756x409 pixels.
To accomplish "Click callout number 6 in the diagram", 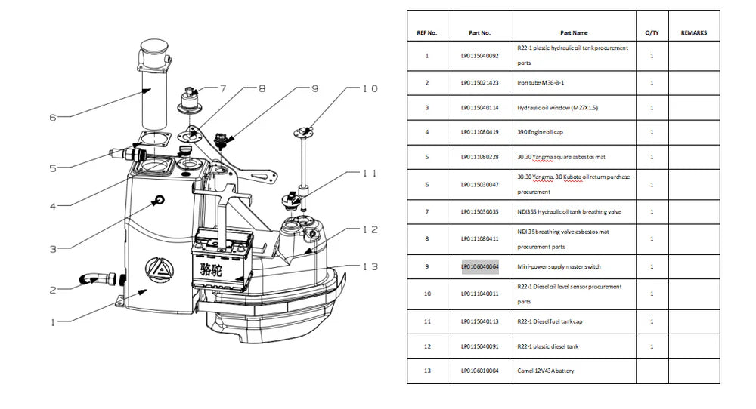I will pos(52,117).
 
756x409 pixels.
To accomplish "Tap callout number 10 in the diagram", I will pos(370,89).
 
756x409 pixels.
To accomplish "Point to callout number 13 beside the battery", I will pos(370,266).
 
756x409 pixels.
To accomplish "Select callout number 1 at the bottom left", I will pos(53,322).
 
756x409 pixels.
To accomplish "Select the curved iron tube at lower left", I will pos(91,280).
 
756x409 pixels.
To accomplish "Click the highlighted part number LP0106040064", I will pos(480,266).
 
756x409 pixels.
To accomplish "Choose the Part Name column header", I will pos(574,33).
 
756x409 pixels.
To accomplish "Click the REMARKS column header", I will pos(694,33).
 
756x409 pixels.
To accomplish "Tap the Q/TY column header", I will pos(652,33).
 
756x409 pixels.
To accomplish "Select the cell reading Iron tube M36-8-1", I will pos(541,82).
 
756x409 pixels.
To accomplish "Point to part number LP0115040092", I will pos(480,55).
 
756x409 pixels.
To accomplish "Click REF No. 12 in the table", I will pos(427,346).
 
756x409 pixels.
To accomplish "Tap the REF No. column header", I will pos(427,33).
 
